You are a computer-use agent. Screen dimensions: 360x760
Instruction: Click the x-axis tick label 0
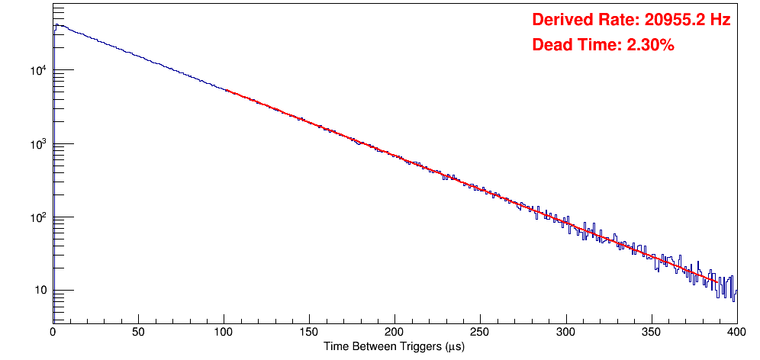click(x=53, y=331)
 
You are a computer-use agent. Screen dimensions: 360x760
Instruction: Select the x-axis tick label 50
click(x=138, y=331)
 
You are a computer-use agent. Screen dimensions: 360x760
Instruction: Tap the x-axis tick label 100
click(x=224, y=331)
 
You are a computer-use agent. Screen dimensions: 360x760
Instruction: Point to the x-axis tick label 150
click(x=309, y=331)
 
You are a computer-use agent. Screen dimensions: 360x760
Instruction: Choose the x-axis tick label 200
click(x=394, y=331)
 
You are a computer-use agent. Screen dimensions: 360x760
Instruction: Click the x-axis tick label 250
click(x=480, y=331)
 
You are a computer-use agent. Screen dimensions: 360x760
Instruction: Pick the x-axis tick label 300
click(x=565, y=331)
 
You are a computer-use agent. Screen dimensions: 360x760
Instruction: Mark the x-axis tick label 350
click(x=651, y=331)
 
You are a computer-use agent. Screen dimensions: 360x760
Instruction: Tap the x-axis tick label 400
click(x=736, y=331)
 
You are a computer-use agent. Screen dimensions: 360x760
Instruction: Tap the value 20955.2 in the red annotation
click(x=668, y=20)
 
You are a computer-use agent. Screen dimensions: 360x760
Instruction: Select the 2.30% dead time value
click(x=650, y=45)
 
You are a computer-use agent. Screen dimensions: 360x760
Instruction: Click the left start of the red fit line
click(x=227, y=90)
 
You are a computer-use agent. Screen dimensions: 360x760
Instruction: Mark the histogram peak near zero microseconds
click(x=56, y=24)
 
